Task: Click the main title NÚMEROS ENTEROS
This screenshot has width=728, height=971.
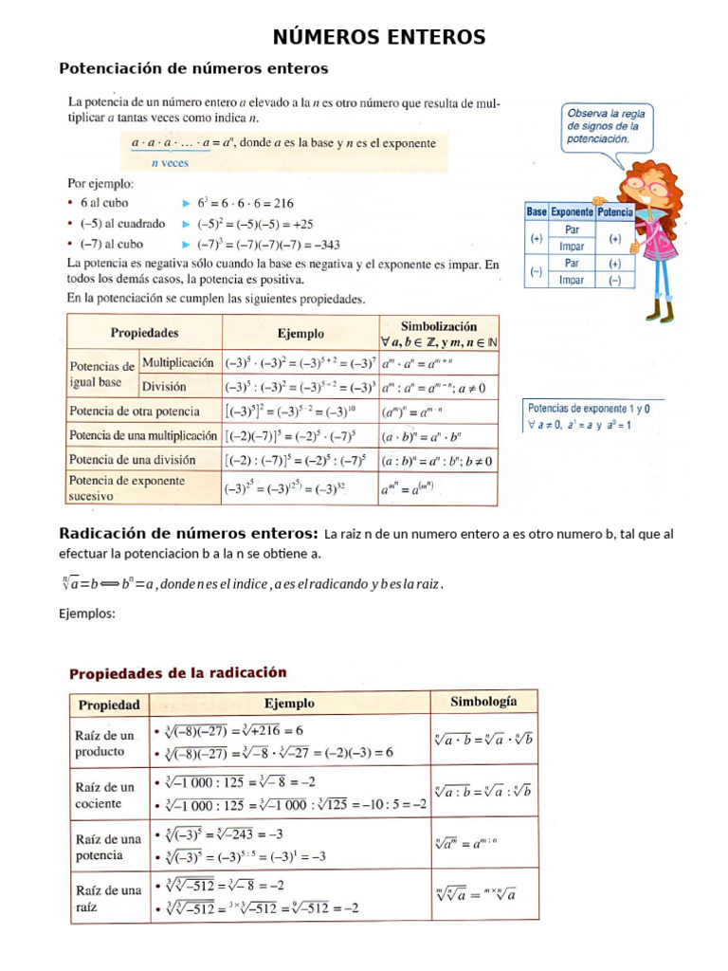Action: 379,37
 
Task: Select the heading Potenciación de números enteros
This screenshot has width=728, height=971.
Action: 193,68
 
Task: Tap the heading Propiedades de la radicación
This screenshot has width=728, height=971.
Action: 177,672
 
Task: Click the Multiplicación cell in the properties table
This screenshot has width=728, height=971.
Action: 178,361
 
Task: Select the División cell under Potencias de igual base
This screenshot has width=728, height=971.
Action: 164,386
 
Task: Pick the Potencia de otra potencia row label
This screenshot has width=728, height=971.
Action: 134,412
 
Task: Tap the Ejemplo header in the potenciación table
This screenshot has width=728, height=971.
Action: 300,334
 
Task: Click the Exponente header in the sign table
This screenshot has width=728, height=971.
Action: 572,212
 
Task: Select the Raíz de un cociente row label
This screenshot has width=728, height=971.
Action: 105,795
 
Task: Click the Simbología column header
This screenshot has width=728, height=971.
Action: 483,702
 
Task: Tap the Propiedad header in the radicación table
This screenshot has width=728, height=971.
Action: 109,705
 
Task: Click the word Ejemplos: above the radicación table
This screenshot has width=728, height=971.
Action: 86,614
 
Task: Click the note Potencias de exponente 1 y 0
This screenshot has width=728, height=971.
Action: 588,409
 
